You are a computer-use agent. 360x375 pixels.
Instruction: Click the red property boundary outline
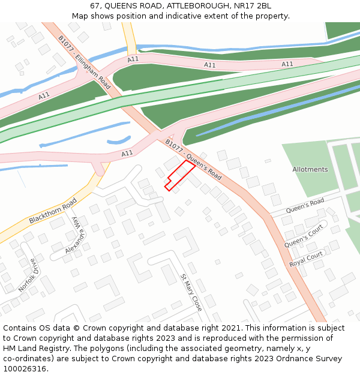pos(180,175)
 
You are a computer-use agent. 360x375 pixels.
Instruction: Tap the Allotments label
pos(310,169)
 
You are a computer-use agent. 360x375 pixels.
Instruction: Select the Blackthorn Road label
pos(53,211)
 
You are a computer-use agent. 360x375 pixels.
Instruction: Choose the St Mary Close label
pos(191,292)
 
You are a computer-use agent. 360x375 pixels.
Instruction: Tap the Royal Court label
pos(306,259)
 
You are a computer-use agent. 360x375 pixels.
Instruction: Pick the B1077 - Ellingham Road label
pos(84,62)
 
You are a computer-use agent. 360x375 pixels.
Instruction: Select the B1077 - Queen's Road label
pos(193,160)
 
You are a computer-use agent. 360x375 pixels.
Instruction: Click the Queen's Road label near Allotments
pos(305,205)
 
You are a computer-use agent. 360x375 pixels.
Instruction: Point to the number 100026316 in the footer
pos(25,368)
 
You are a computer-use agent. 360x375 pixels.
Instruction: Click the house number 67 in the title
pos(95,6)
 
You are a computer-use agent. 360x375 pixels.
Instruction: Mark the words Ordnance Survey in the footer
pos(313,358)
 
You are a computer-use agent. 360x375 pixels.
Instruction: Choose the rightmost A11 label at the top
pos(287,64)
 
